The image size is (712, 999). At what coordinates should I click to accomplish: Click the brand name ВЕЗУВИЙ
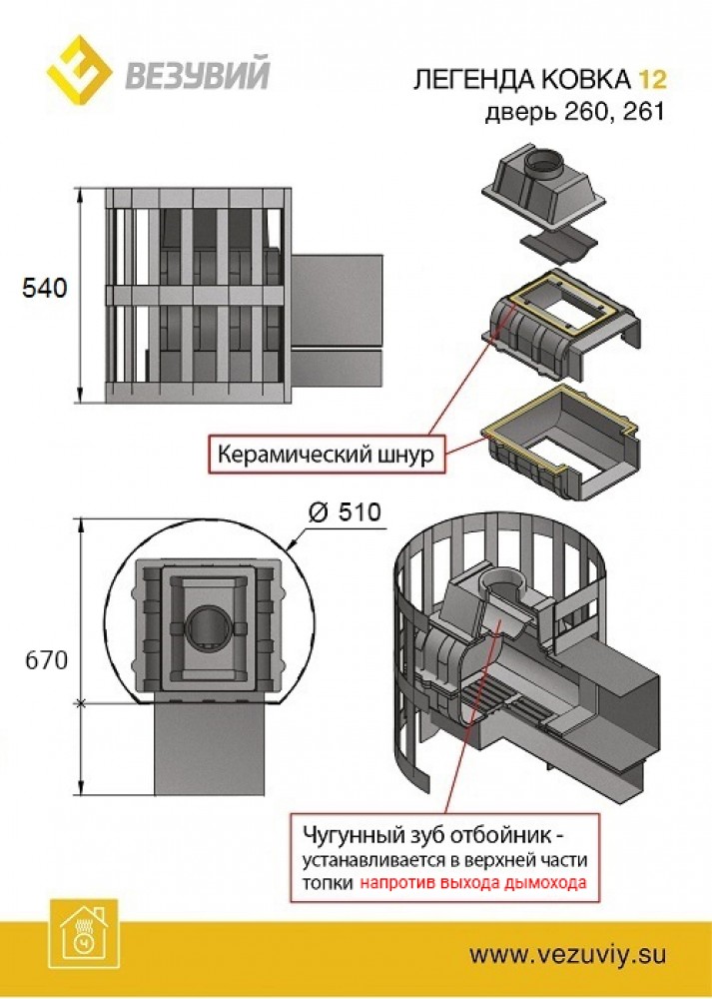coord(196,76)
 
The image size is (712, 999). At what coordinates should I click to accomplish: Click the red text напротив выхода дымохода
coord(473,883)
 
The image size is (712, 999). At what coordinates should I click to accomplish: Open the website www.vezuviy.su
coord(567,954)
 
